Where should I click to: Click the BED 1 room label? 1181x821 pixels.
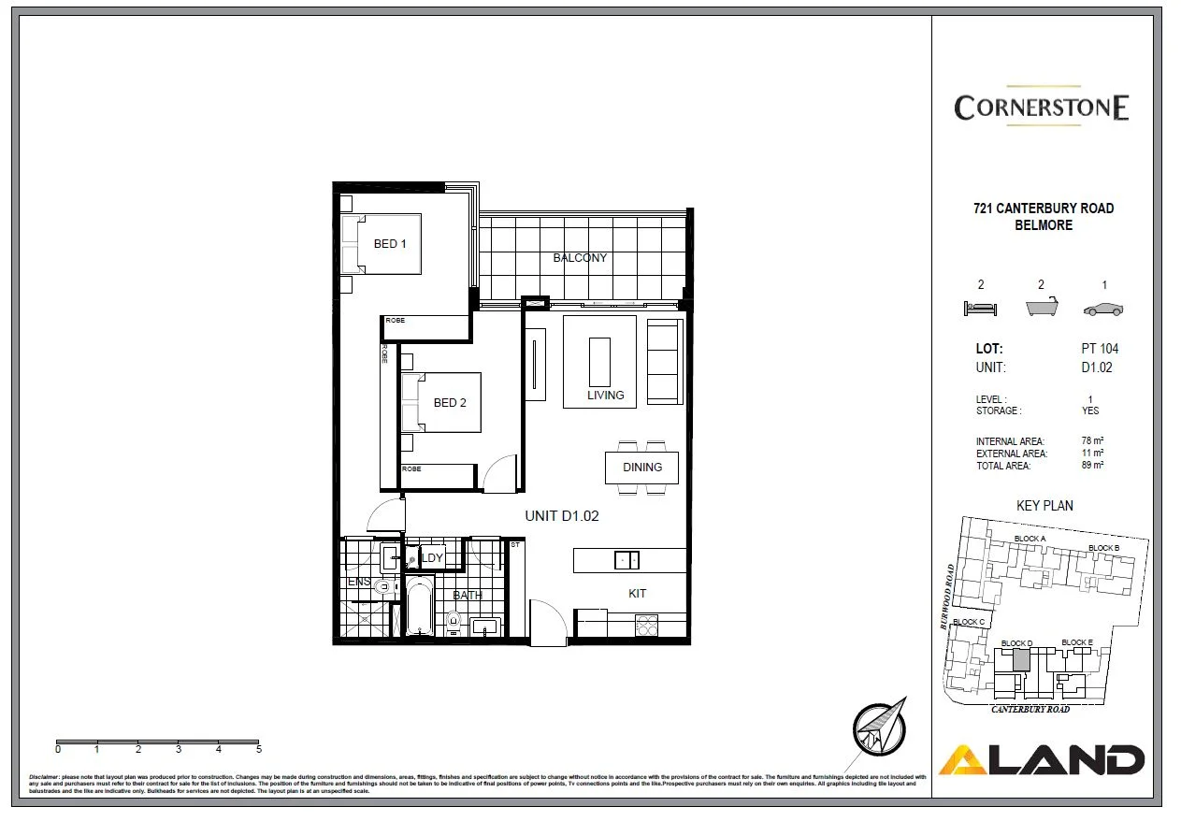pyautogui.click(x=390, y=244)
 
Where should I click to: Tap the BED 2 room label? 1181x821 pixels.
pyautogui.click(x=450, y=403)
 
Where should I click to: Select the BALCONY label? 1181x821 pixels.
pyautogui.click(x=580, y=258)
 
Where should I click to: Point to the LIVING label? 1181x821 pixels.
pyautogui.click(x=605, y=396)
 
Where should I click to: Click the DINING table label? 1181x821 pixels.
pyautogui.click(x=641, y=468)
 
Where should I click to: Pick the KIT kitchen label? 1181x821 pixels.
pyautogui.click(x=637, y=594)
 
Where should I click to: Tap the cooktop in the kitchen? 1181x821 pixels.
pyautogui.click(x=647, y=626)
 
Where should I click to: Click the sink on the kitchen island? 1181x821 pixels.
pyautogui.click(x=627, y=560)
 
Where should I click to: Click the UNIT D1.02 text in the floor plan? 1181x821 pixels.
pyautogui.click(x=561, y=515)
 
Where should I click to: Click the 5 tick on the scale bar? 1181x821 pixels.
pyautogui.click(x=259, y=749)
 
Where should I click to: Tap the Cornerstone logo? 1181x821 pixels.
pyautogui.click(x=1042, y=107)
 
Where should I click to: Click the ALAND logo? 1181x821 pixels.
pyautogui.click(x=1042, y=759)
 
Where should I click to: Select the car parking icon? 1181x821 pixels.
pyautogui.click(x=1103, y=310)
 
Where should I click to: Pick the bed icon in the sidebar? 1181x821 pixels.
pyautogui.click(x=980, y=308)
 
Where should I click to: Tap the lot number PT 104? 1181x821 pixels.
pyautogui.click(x=1099, y=349)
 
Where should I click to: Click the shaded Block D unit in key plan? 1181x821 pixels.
pyautogui.click(x=1021, y=660)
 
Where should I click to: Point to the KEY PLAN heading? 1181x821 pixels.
pyautogui.click(x=1044, y=506)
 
